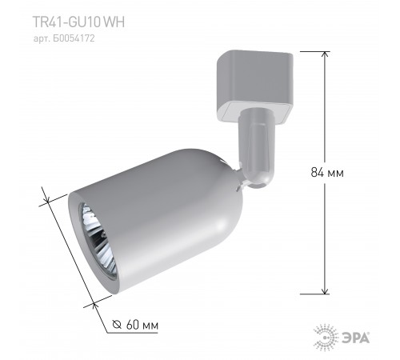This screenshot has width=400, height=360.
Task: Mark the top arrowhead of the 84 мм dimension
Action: (325, 54)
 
